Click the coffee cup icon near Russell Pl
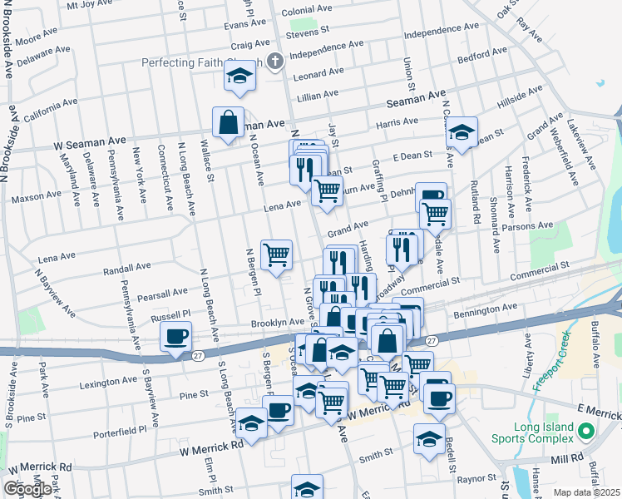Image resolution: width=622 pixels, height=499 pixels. click(x=175, y=337)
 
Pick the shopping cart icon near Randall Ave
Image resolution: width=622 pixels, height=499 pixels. click(x=277, y=254)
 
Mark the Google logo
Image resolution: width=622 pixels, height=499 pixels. click(x=27, y=489)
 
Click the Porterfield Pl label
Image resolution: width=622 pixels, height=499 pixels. click(x=124, y=430)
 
